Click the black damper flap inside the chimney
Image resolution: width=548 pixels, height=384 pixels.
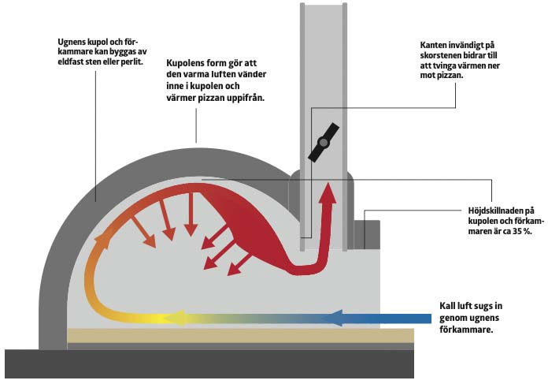click(324, 142)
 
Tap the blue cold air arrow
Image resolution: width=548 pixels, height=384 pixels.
click(378, 319)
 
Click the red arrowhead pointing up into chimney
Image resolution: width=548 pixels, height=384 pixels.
click(326, 192)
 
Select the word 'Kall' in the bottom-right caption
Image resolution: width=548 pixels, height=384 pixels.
click(448, 306)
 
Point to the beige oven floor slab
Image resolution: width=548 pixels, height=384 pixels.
click(236, 336)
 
